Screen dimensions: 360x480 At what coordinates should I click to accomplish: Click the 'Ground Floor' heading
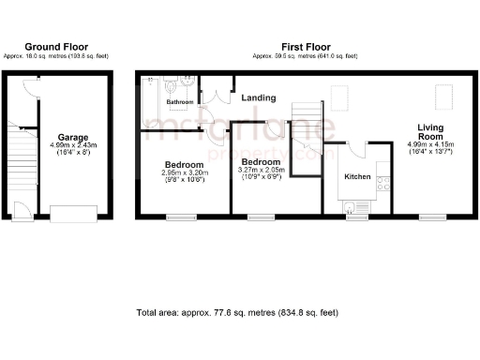tap(57, 46)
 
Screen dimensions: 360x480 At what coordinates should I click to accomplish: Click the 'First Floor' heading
tap(305, 46)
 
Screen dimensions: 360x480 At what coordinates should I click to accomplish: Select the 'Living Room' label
tap(430, 131)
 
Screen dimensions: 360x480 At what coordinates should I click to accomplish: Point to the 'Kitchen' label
tap(358, 176)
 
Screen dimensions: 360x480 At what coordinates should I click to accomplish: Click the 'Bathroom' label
tap(180, 101)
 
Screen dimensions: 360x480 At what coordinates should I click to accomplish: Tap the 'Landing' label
tap(258, 97)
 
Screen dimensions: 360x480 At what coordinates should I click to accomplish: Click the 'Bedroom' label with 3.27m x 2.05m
tap(261, 162)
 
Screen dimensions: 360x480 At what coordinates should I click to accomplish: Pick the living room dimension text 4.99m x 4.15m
tap(430, 144)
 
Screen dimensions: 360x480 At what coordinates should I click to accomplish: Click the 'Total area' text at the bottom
tap(236, 311)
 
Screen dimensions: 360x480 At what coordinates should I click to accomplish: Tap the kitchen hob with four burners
tap(382, 185)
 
